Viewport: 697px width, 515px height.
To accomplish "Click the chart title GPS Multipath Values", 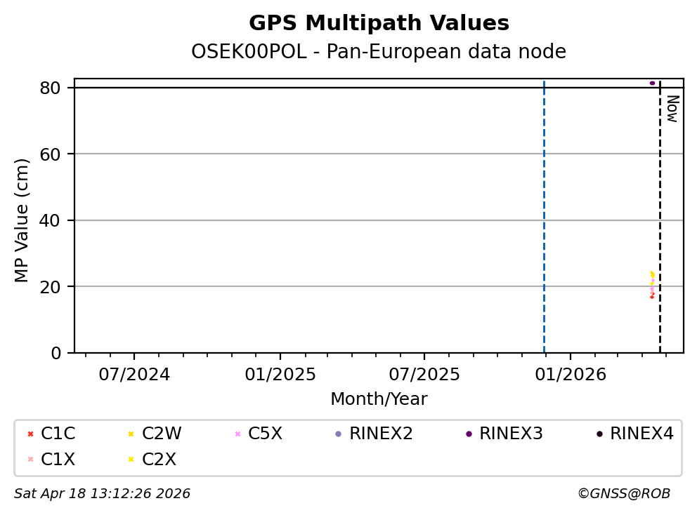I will tap(379, 23).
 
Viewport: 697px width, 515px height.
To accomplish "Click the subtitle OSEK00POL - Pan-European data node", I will tap(379, 52).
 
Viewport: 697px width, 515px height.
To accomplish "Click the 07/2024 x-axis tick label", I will tap(134, 375).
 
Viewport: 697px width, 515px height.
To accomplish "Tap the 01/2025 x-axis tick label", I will tap(280, 375).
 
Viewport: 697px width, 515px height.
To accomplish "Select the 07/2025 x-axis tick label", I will tap(424, 375).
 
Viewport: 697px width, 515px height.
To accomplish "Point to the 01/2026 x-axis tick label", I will tap(570, 375).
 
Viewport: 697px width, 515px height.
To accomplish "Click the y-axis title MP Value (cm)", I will tap(22, 220).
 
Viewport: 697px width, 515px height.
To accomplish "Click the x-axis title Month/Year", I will tap(379, 399).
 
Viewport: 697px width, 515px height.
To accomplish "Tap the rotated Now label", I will tap(672, 109).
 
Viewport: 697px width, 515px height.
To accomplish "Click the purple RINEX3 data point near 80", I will tap(652, 83).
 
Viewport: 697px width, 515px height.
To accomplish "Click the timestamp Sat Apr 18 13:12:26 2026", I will tap(102, 494).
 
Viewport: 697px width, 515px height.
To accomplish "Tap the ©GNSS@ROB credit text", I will tap(623, 494).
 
